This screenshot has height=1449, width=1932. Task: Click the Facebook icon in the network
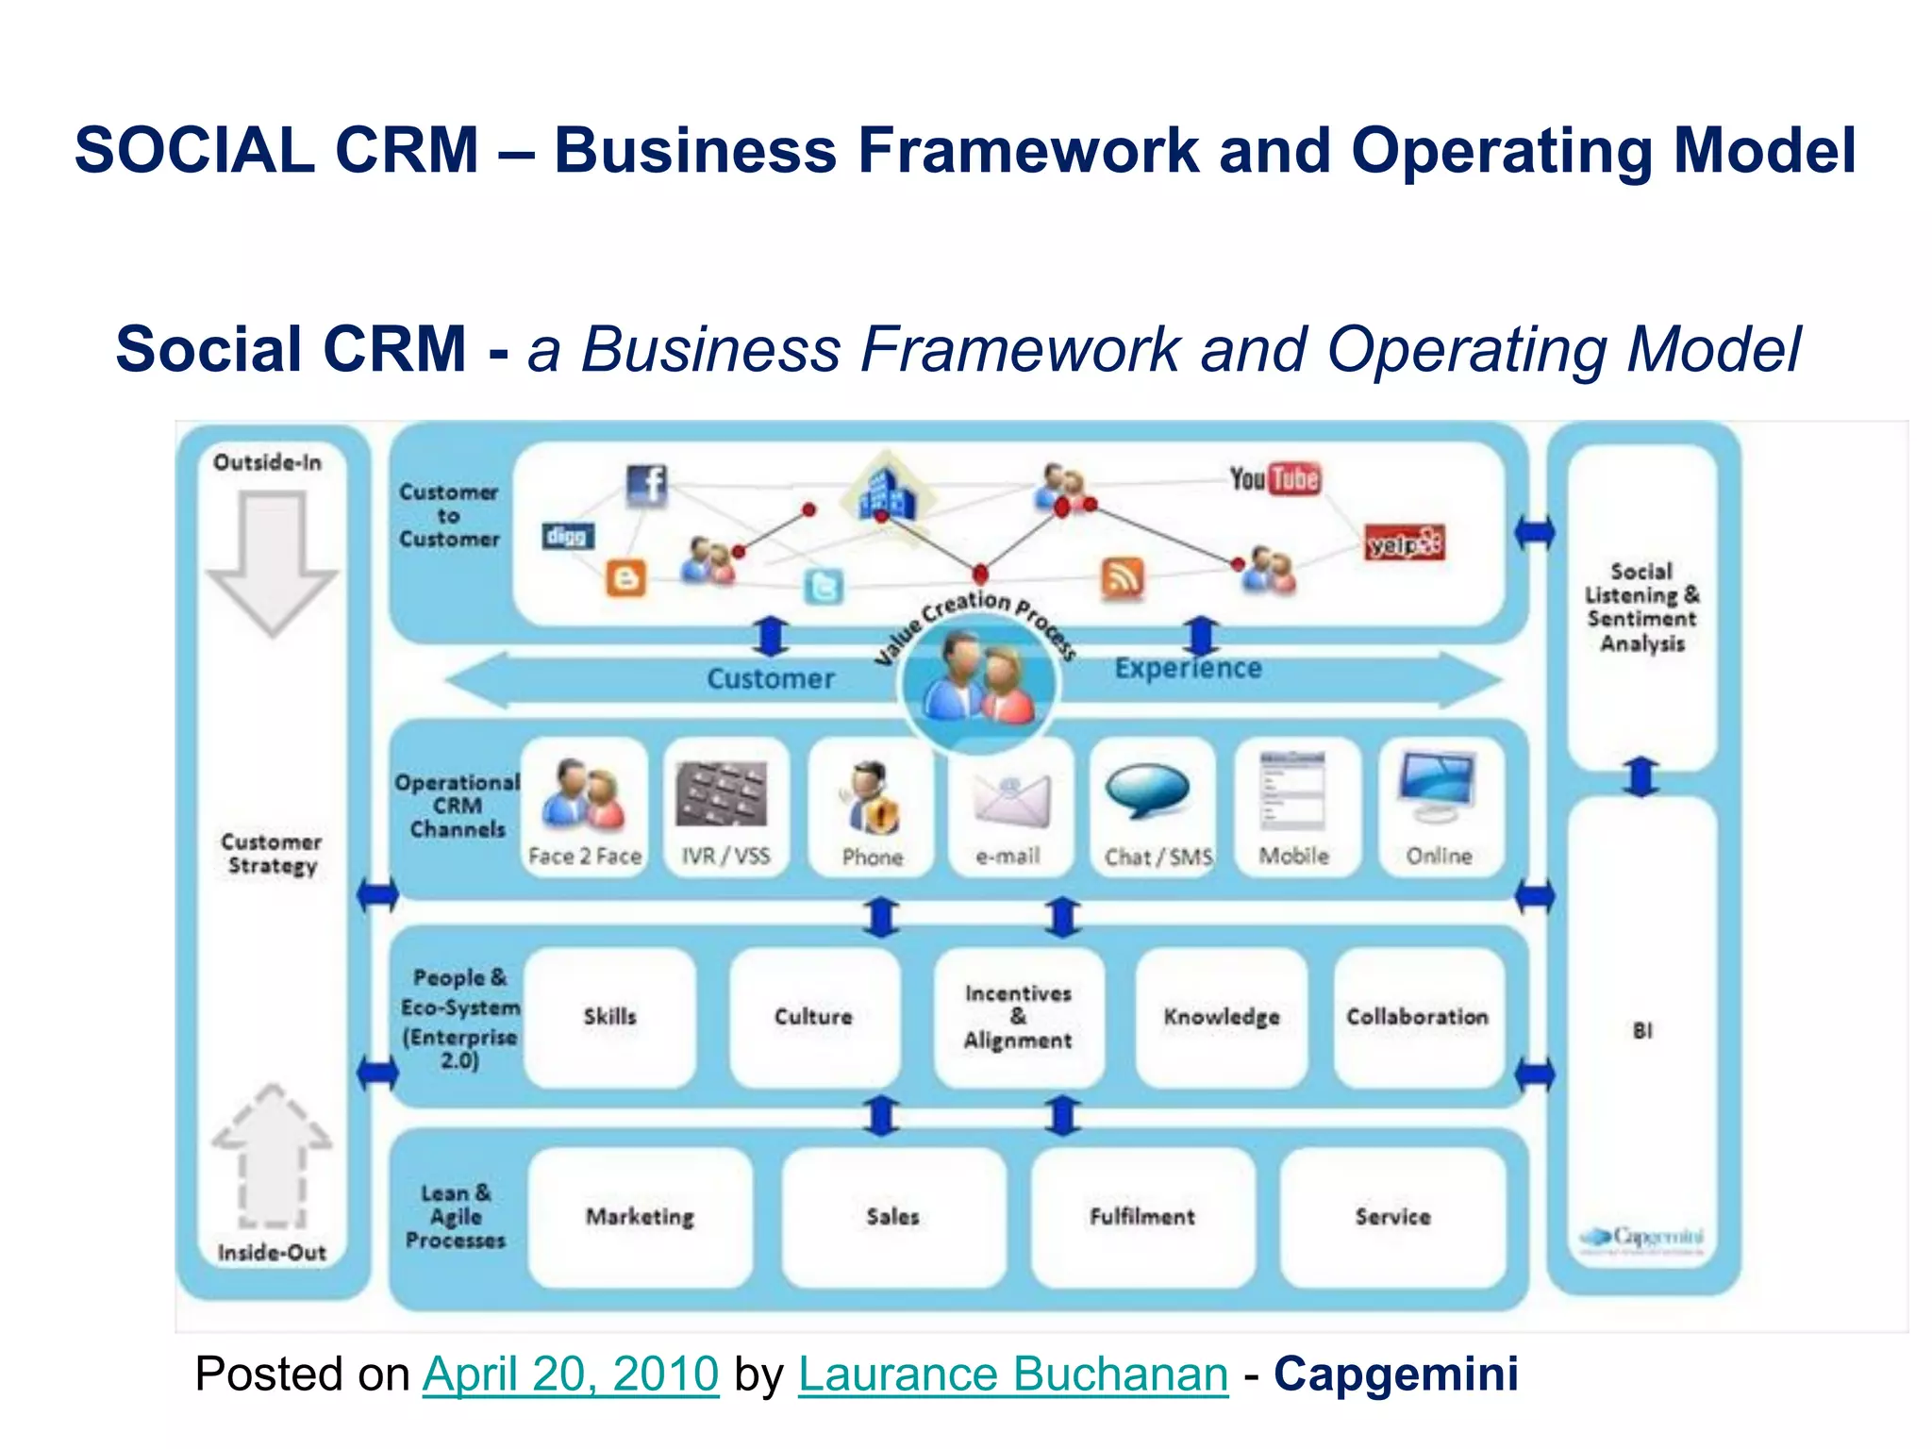click(647, 485)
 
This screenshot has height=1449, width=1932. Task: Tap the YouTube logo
click(1274, 479)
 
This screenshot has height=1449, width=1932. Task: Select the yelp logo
click(1405, 543)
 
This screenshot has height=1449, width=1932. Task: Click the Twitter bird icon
click(824, 587)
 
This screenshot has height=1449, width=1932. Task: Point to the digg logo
click(568, 536)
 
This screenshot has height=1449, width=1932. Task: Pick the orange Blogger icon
click(626, 577)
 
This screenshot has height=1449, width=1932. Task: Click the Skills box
click(610, 1017)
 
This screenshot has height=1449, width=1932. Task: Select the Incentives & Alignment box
click(1018, 1017)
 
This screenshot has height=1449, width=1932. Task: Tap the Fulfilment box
click(1141, 1217)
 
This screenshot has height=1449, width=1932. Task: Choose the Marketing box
click(640, 1217)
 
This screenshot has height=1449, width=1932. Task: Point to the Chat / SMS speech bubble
click(1147, 791)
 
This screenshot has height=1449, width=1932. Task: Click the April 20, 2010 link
click(571, 1374)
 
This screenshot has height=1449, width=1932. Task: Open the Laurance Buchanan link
click(1013, 1374)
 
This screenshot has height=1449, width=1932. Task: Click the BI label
click(1642, 1030)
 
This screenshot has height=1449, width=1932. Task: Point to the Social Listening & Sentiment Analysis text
click(1641, 608)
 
